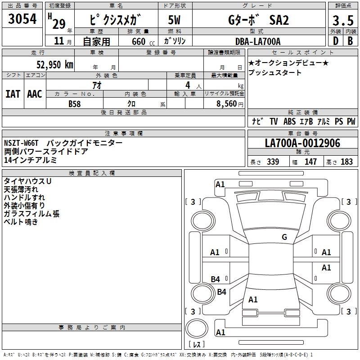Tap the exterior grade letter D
coord(335,41)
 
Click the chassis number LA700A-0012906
coord(302,144)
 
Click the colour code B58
coord(74,103)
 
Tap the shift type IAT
coord(13,94)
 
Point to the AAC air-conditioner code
coord(35,94)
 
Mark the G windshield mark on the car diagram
coord(284,237)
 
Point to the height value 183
coord(347,162)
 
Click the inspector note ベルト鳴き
coord(21,222)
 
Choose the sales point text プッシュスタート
coord(275,72)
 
